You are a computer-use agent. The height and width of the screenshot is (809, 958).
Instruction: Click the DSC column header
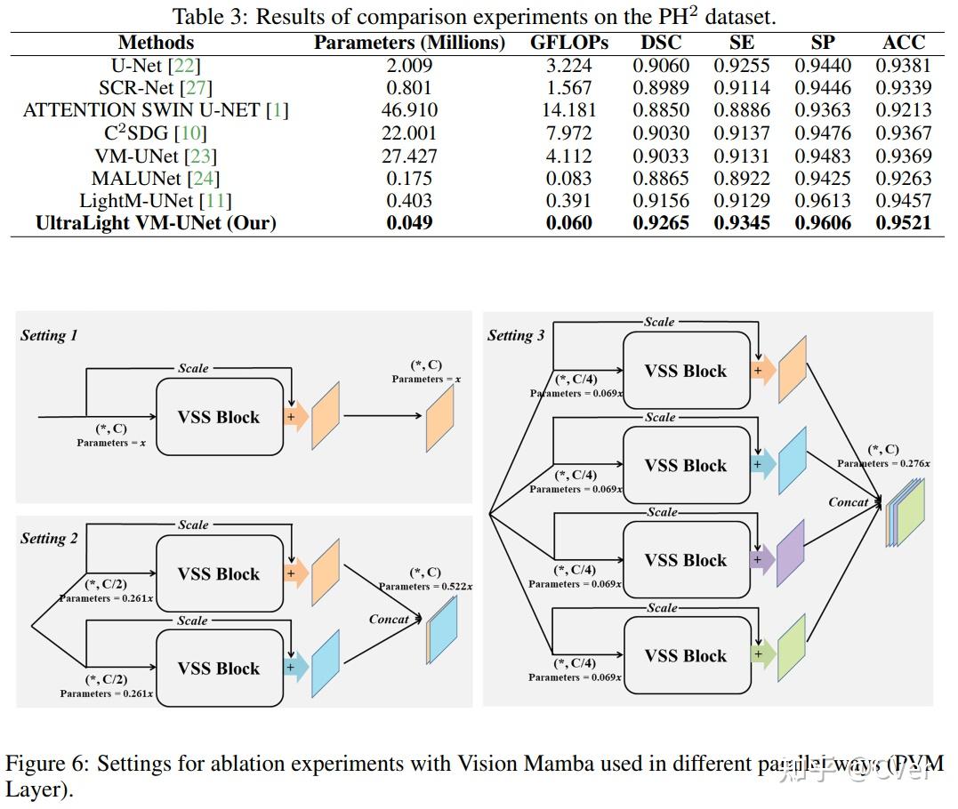click(661, 43)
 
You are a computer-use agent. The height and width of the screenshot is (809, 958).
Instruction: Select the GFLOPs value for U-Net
click(569, 65)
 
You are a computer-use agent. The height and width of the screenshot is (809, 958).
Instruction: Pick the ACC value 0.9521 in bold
click(904, 223)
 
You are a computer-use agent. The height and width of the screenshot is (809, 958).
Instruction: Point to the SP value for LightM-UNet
click(823, 201)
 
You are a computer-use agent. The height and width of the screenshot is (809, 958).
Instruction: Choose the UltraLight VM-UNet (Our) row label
click(156, 223)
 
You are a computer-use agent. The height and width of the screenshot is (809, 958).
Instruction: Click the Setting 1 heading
click(49, 335)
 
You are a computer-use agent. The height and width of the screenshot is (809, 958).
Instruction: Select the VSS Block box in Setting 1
click(219, 417)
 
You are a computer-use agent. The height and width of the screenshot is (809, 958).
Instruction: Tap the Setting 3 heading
click(516, 335)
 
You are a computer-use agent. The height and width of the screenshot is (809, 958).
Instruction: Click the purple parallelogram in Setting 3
click(790, 553)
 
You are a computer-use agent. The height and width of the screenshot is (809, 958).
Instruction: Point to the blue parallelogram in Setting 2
click(326, 663)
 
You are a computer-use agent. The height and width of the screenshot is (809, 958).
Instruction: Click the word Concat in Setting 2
click(390, 619)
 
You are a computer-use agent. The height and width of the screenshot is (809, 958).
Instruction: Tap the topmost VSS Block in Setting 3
click(686, 370)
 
